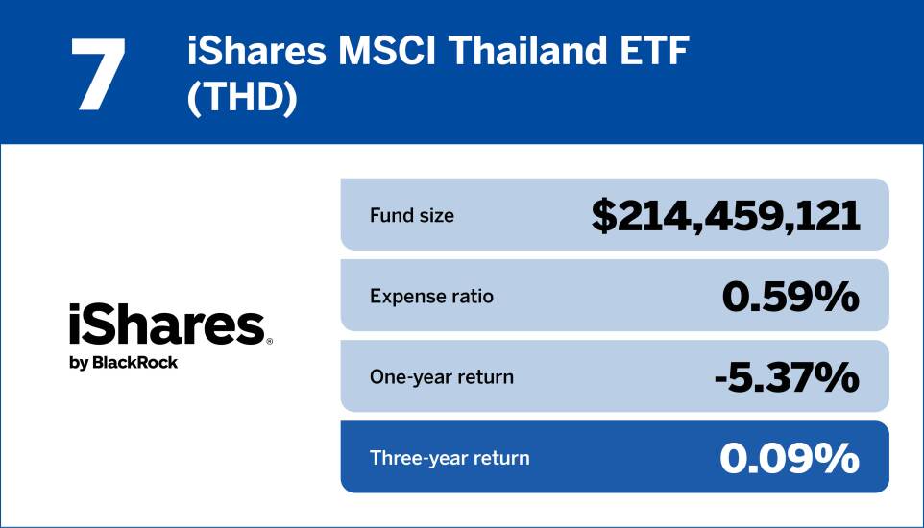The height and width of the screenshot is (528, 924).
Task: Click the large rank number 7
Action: click(99, 74)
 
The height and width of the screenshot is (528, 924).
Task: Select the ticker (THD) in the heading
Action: click(242, 99)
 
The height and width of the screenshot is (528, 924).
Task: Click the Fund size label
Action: click(412, 215)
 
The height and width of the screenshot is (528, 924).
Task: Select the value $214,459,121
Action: click(725, 216)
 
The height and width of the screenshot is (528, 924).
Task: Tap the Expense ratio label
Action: click(431, 296)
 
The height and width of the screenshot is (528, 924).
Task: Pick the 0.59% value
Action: click(790, 297)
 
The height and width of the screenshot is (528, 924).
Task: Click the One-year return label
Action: click(442, 377)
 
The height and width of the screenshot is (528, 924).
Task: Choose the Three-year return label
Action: click(450, 458)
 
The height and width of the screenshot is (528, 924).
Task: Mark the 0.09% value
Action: click(790, 459)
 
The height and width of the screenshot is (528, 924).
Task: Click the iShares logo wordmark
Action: click(165, 326)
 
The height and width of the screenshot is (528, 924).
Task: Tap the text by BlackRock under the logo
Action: click(123, 363)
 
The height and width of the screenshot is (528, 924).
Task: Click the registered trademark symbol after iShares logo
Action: click(270, 341)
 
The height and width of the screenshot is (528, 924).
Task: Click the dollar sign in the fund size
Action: click(604, 216)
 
